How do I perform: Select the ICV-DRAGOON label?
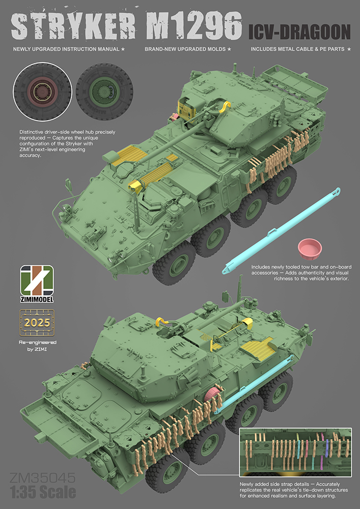(299, 32)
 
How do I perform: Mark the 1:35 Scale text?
(43, 492)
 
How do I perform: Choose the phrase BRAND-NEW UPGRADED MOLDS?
(188, 49)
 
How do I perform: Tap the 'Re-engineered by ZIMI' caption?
(38, 348)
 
